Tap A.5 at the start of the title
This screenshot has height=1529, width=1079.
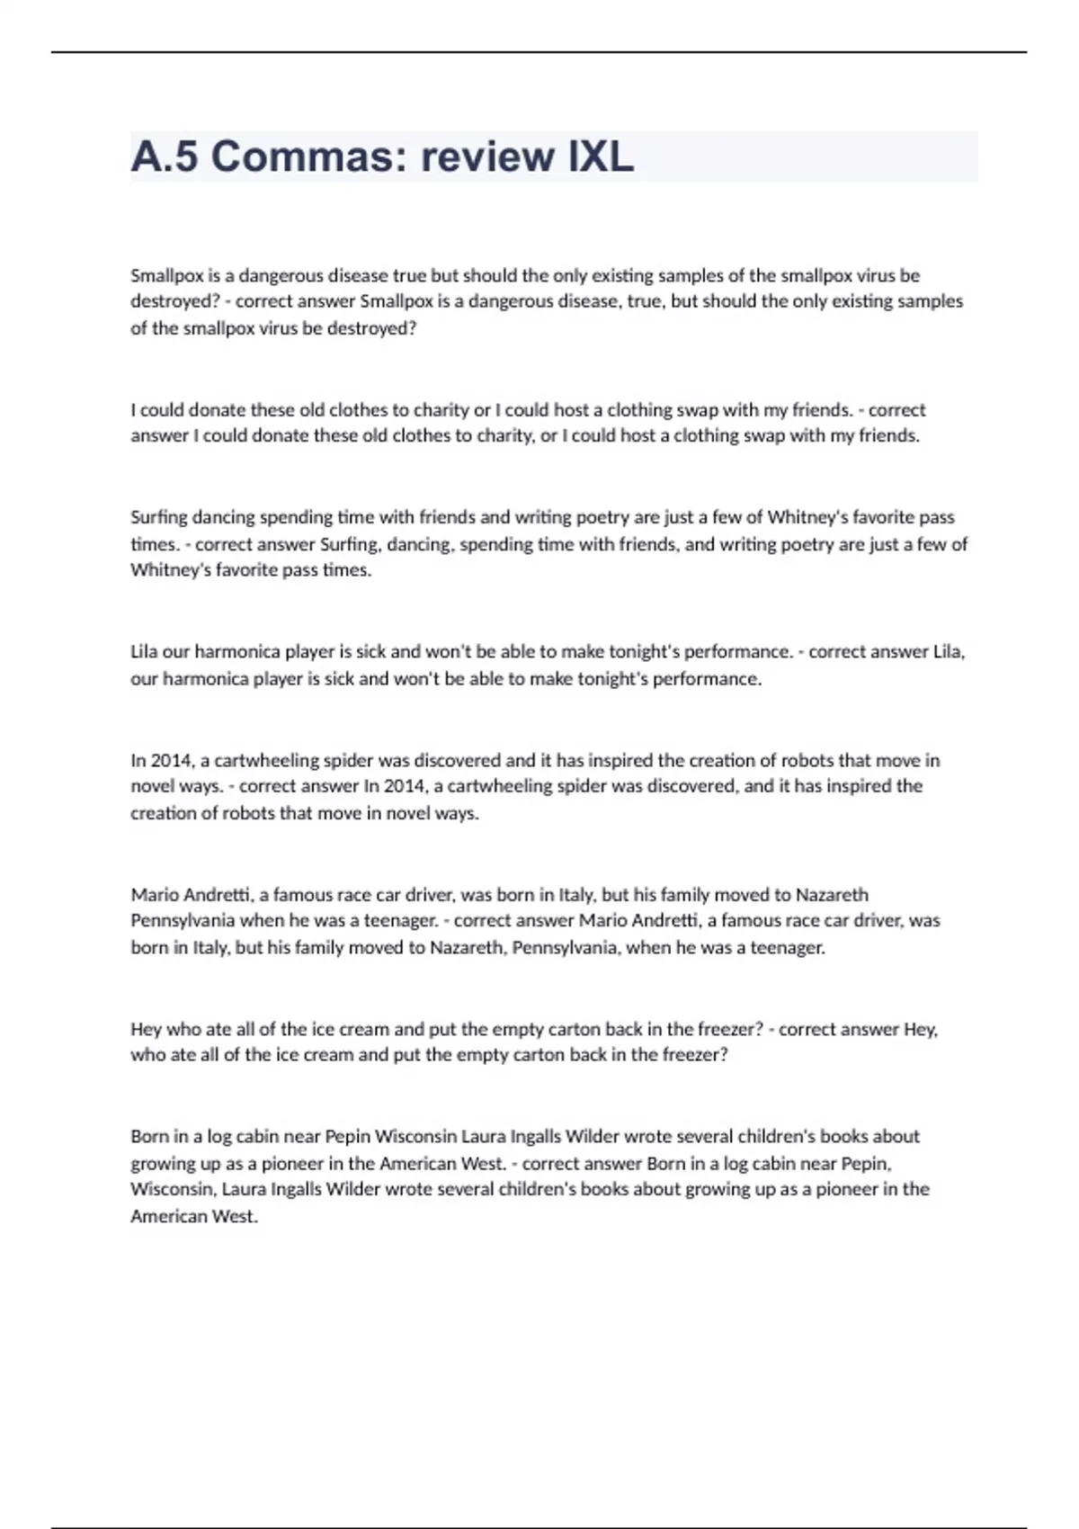165,156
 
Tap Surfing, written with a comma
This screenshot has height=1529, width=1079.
343,544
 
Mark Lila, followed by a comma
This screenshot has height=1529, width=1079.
949,652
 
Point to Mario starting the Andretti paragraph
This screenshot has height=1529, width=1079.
155,895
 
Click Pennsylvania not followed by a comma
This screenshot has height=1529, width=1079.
183,921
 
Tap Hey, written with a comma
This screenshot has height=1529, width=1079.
921,1029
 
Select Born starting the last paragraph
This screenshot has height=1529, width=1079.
148,1137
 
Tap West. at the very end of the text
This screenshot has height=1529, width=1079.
235,1217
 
